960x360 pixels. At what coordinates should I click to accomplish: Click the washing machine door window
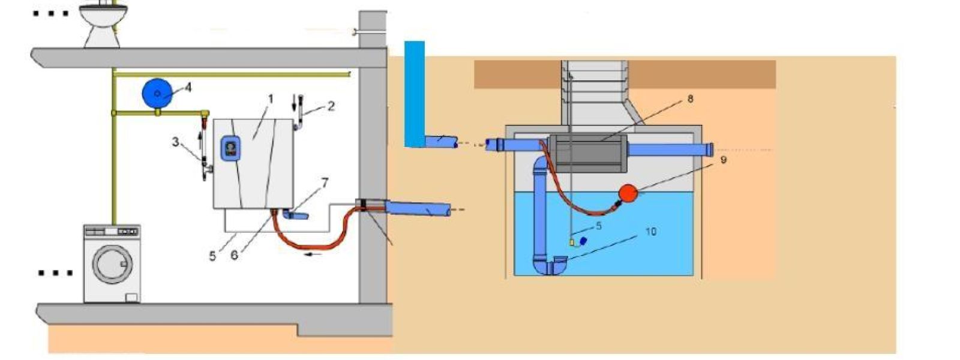(112, 263)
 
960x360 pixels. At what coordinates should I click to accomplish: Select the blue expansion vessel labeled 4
(157, 94)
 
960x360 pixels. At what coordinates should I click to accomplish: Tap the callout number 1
(271, 98)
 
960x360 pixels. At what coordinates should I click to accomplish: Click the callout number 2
(331, 106)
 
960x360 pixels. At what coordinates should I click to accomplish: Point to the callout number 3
(175, 142)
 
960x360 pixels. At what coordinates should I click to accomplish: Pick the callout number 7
(325, 182)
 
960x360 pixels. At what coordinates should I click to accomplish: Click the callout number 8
(690, 98)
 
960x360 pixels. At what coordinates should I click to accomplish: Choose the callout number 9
(724, 160)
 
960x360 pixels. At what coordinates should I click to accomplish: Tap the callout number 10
(651, 231)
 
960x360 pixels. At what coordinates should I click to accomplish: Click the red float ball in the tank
(628, 193)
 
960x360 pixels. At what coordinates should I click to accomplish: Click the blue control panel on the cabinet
(230, 148)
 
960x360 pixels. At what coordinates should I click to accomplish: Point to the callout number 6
(234, 255)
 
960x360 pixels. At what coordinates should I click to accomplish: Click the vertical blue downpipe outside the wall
(414, 93)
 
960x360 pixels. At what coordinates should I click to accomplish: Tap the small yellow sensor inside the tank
(572, 242)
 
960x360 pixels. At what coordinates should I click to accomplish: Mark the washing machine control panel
(112, 231)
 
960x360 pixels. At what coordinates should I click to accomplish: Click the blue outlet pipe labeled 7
(295, 214)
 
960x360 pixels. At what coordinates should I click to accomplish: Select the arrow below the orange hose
(314, 254)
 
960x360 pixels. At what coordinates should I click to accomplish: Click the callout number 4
(188, 88)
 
